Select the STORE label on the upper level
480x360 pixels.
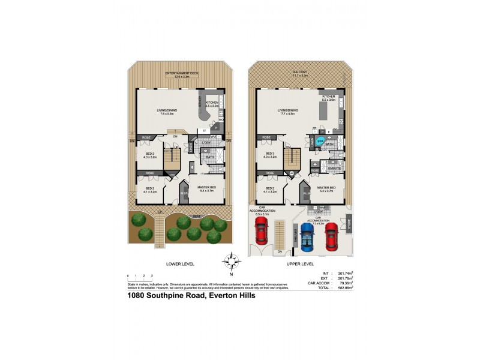[x=348, y=224]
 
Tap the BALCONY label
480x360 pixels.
[x=299, y=73]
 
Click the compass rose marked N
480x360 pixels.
[x=231, y=263]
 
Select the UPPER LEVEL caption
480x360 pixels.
[x=300, y=263]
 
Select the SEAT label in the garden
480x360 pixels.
[x=196, y=215]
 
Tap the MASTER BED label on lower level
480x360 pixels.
[x=207, y=188]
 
